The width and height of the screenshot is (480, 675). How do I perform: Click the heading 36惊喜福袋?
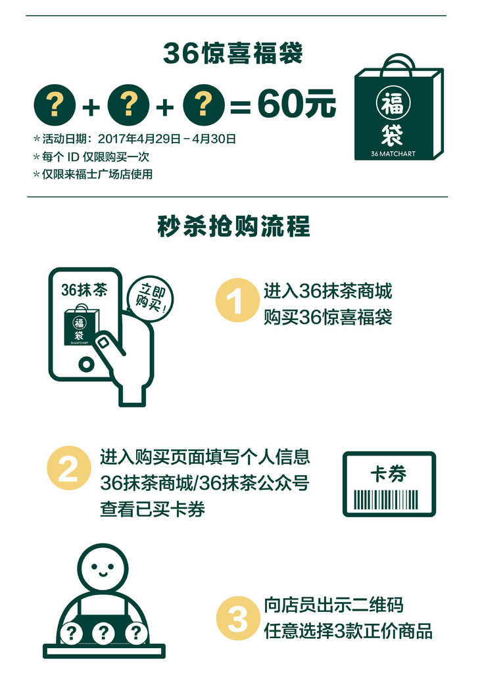tap(233, 53)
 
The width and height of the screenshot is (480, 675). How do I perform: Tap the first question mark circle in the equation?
tap(55, 105)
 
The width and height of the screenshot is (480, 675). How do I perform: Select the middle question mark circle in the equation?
tap(128, 105)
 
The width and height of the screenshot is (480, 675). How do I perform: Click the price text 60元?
tap(297, 104)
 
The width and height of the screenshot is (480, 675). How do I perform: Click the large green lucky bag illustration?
tap(398, 108)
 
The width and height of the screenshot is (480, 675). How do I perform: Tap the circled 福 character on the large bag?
tap(393, 103)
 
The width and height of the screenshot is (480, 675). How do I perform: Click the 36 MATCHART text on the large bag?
tap(393, 153)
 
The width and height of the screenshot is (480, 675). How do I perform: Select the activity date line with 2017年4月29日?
tap(135, 139)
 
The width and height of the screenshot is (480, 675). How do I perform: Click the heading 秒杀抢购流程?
tap(234, 225)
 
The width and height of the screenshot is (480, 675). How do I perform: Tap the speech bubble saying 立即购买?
tap(150, 298)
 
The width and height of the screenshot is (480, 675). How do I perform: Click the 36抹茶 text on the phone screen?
tap(84, 290)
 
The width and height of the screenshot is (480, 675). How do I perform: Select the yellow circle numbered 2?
tap(69, 468)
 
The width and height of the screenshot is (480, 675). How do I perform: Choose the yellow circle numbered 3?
tap(238, 618)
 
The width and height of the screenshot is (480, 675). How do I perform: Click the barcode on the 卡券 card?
tap(386, 500)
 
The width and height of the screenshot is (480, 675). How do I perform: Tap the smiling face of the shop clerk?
tap(103, 567)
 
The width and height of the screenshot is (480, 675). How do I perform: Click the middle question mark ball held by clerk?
tap(103, 632)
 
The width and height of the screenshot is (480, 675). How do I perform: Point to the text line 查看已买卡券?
tap(153, 509)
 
